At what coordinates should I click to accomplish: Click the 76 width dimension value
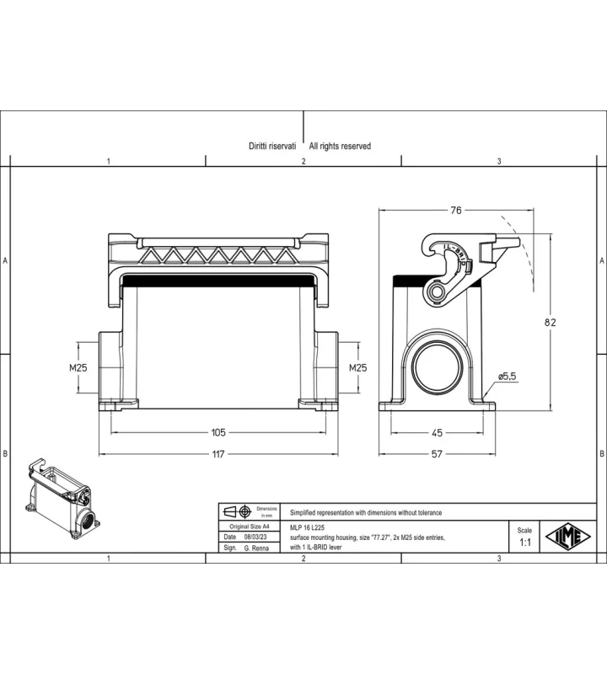click(x=456, y=210)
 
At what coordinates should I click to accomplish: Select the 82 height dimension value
click(x=551, y=323)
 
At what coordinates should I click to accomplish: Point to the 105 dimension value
click(x=218, y=432)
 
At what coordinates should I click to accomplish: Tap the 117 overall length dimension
click(x=218, y=454)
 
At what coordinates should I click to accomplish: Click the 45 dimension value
click(x=437, y=432)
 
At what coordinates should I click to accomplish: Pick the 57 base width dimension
click(x=437, y=454)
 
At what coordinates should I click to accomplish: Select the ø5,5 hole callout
click(x=508, y=377)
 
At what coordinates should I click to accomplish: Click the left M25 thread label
click(x=78, y=367)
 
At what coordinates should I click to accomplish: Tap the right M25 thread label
click(x=358, y=367)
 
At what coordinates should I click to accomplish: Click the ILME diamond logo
click(x=568, y=537)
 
